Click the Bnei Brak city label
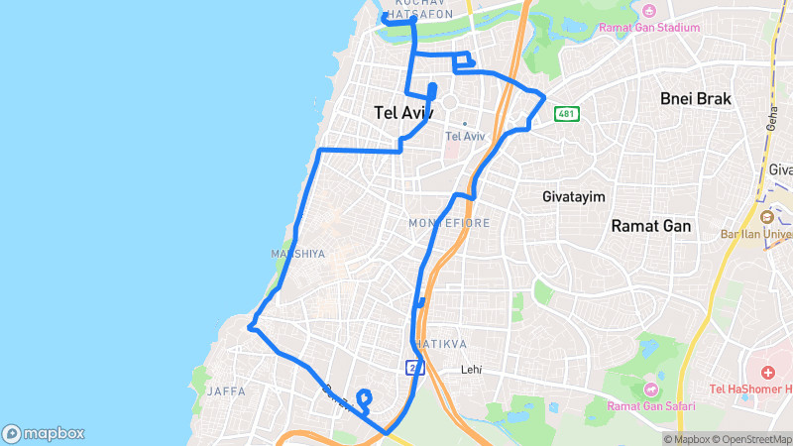coord(696,99)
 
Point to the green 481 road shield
coord(566,113)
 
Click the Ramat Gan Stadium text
coord(649,28)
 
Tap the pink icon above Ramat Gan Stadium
coord(649,11)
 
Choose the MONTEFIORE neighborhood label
coord(449,224)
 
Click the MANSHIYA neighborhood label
coord(297,255)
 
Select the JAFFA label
coord(226,391)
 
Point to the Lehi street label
coord(471,370)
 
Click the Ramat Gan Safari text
coord(651,406)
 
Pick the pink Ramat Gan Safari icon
coord(651,389)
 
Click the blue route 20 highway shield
coord(411,368)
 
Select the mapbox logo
coord(44,433)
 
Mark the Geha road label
coord(771,117)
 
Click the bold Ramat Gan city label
coord(650,226)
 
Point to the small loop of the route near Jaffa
coord(363,401)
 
